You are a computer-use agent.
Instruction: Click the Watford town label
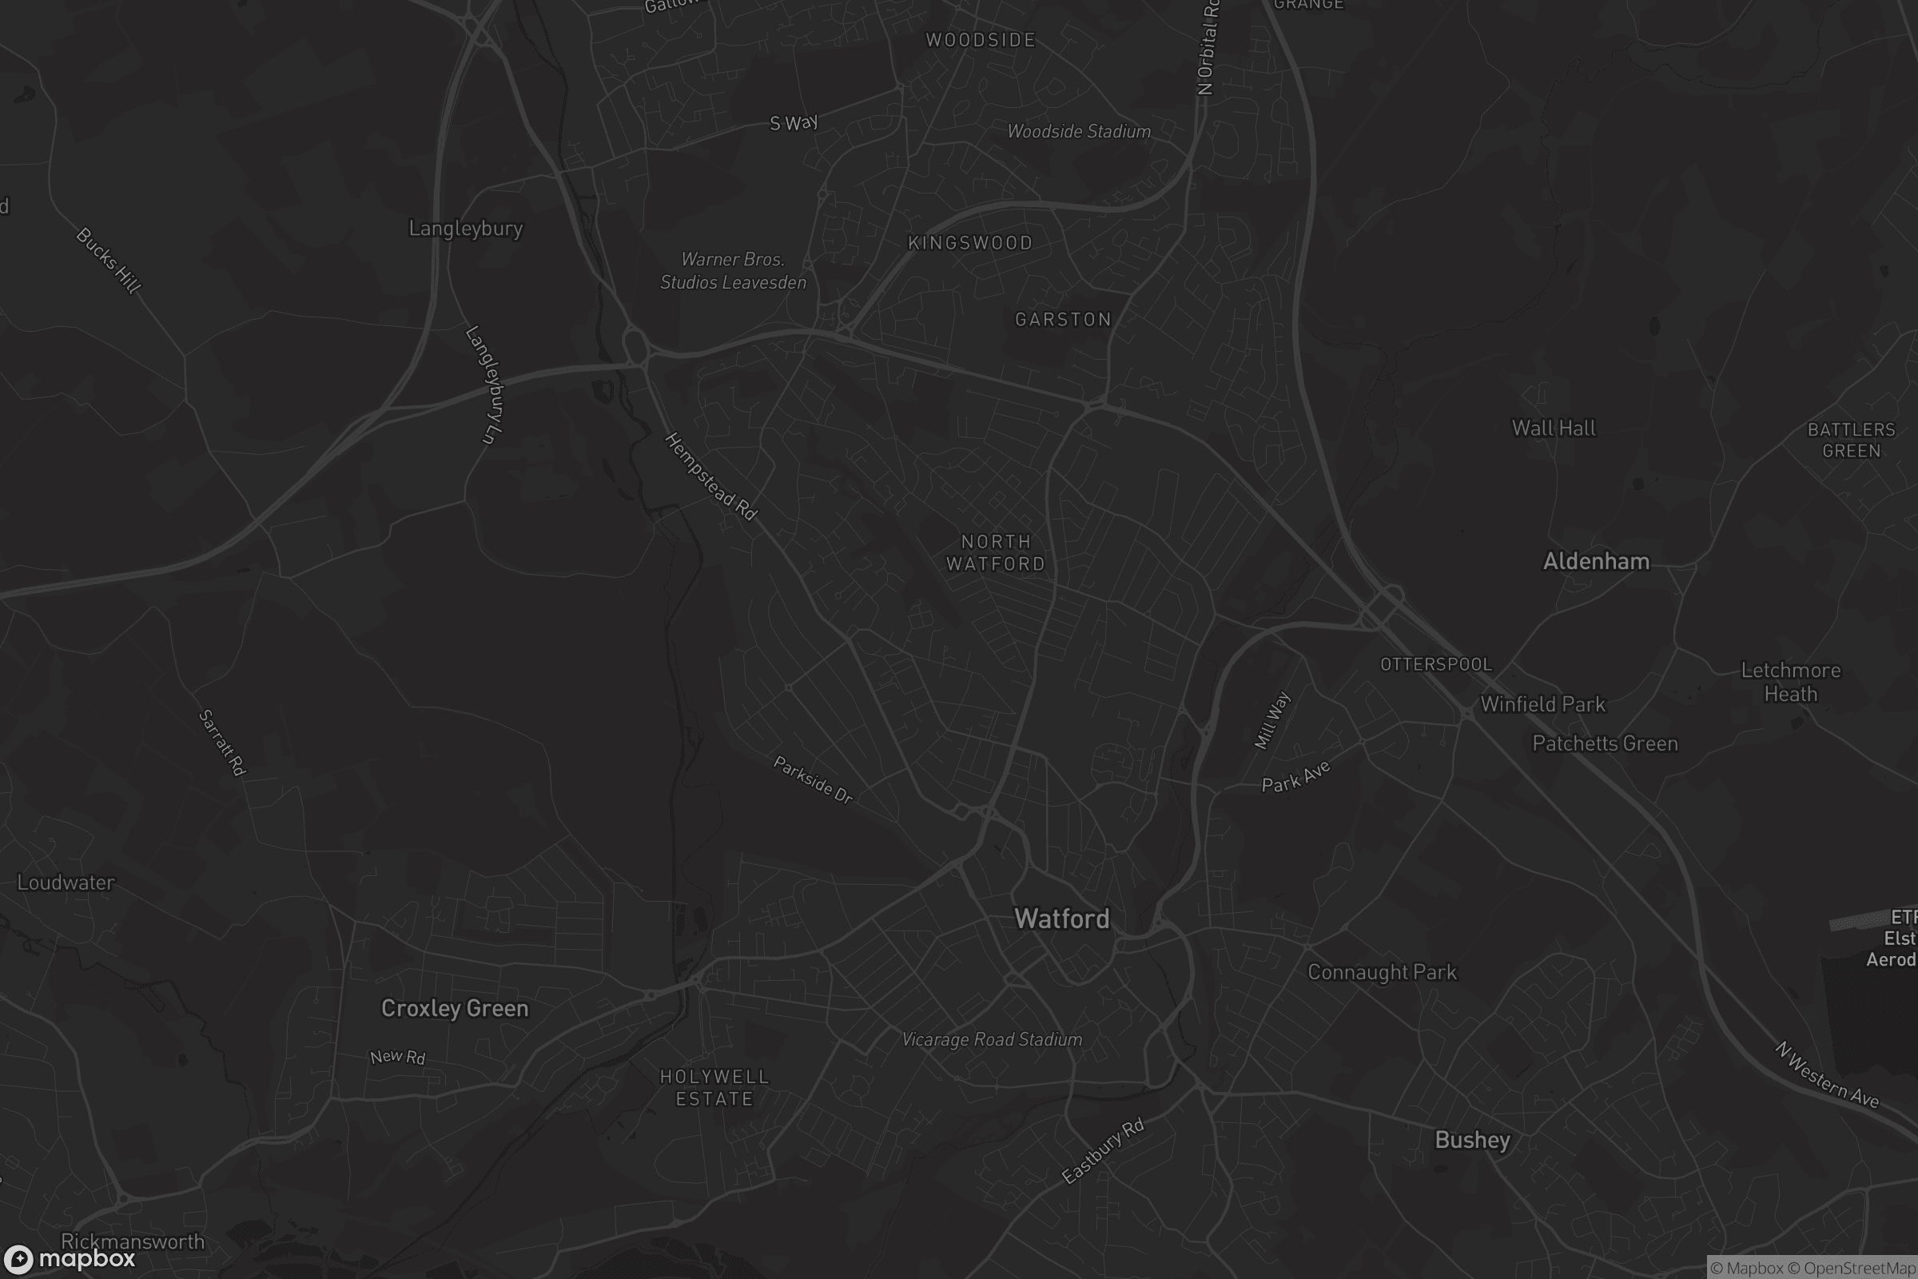coord(1062,918)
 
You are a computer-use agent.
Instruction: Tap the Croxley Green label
coord(454,1008)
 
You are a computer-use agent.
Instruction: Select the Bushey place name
coord(1472,1140)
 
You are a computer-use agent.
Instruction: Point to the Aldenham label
coord(1596,561)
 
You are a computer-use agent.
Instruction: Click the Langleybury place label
coord(466,229)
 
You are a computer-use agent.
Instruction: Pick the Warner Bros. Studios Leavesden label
coord(732,271)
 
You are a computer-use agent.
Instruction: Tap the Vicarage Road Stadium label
coord(992,1039)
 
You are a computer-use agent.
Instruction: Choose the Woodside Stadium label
coord(1079,131)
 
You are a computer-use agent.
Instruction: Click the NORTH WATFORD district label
coord(996,552)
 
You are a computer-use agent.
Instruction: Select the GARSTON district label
coord(1063,319)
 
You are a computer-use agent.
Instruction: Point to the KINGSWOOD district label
coord(970,242)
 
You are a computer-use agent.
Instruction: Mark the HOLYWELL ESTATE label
coord(714,1087)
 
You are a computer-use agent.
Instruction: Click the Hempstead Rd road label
coord(711,476)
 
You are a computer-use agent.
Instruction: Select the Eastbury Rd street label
coord(1103,1151)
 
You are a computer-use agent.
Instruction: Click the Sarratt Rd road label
coord(222,743)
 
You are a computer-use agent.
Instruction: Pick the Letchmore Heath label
coord(1791,682)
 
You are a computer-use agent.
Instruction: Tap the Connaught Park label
coord(1382,971)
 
